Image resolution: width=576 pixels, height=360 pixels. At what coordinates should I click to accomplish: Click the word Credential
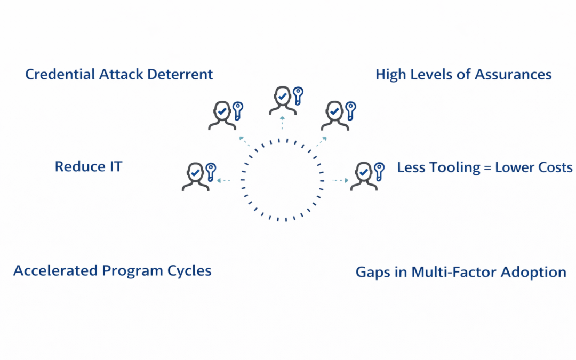click(60, 74)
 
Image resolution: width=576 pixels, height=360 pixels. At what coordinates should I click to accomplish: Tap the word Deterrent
click(180, 74)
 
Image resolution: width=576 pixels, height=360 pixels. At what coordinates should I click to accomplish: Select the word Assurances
click(513, 75)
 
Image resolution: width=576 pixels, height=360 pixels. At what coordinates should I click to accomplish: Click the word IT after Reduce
click(116, 166)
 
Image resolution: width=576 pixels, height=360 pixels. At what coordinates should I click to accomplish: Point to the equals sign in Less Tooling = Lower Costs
click(487, 168)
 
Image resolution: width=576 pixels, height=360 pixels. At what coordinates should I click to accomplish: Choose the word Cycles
click(189, 271)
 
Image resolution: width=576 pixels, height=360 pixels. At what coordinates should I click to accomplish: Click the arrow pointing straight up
click(282, 123)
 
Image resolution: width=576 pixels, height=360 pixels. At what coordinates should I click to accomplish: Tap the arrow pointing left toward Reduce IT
click(223, 180)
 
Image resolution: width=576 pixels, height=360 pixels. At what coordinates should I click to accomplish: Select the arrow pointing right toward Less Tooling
click(340, 180)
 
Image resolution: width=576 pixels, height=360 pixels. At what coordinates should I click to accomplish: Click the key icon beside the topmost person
click(298, 95)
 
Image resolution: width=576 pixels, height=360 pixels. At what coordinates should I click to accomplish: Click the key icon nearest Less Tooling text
click(379, 172)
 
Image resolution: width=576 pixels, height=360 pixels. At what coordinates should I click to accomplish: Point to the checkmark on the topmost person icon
click(282, 97)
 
